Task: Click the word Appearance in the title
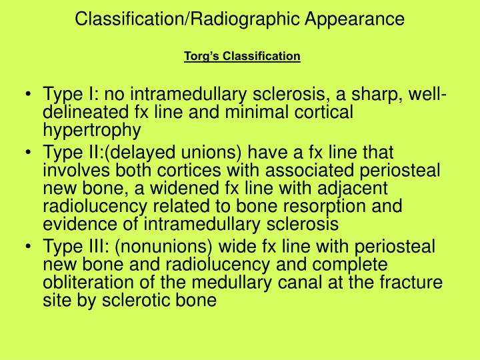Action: (x=361, y=19)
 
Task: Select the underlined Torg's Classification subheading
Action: (x=242, y=55)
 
